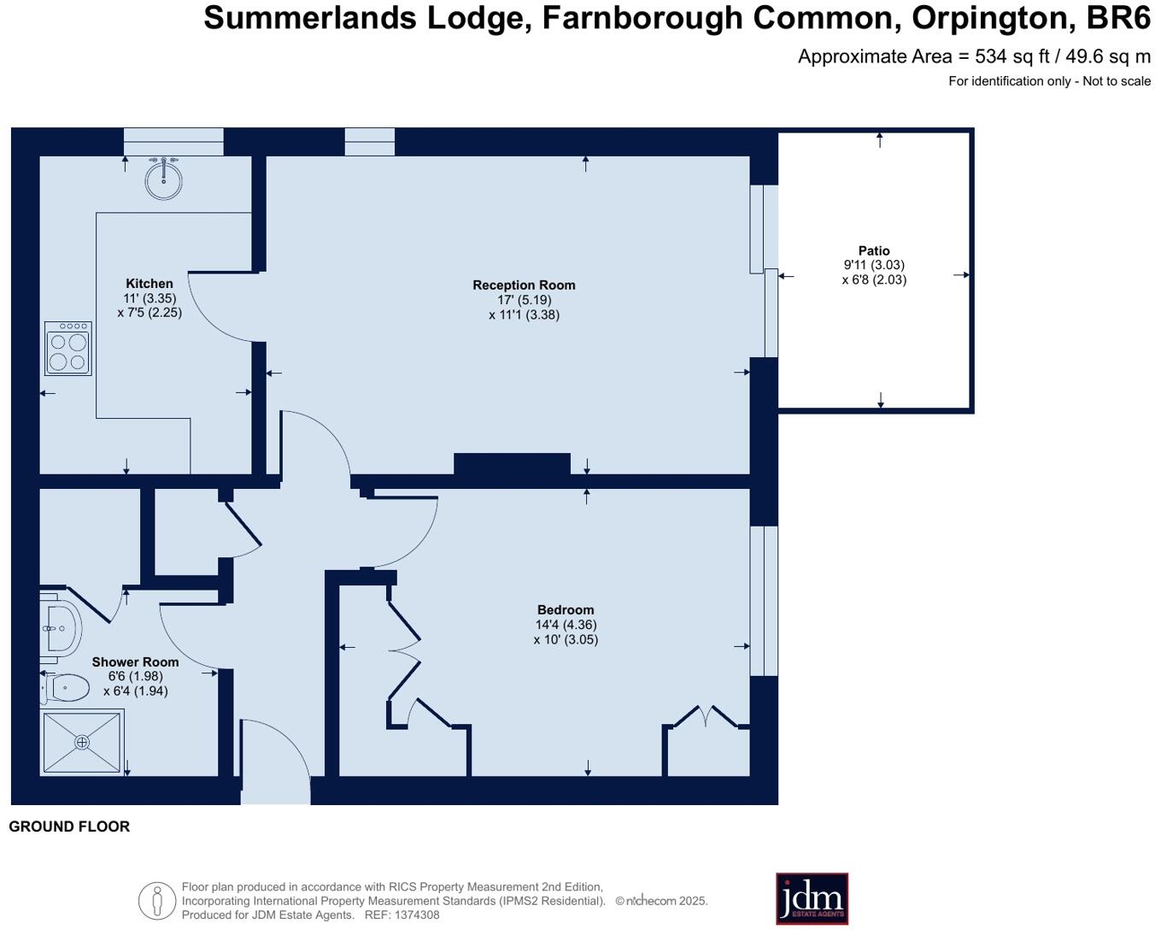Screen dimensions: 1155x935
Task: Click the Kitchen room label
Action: coord(150,283)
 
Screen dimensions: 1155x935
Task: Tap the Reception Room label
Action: coord(524,285)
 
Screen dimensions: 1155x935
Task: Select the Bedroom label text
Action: coord(565,609)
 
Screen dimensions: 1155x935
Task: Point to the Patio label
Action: coord(874,250)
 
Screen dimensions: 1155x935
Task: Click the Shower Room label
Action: coord(135,662)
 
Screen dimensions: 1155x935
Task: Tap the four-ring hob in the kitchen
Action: coord(68,348)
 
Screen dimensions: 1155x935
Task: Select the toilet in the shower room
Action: coord(64,689)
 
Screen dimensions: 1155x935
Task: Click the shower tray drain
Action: coord(82,742)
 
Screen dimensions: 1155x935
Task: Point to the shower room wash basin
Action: coord(61,628)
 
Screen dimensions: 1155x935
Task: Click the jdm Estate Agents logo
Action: coord(812,898)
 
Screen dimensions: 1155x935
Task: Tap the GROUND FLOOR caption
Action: coord(69,826)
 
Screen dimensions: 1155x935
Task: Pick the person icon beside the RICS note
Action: coord(156,901)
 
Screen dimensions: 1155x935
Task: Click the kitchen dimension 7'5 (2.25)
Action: coord(150,313)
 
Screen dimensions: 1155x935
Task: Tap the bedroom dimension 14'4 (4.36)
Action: coord(566,624)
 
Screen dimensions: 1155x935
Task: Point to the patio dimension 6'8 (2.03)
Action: coord(874,279)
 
